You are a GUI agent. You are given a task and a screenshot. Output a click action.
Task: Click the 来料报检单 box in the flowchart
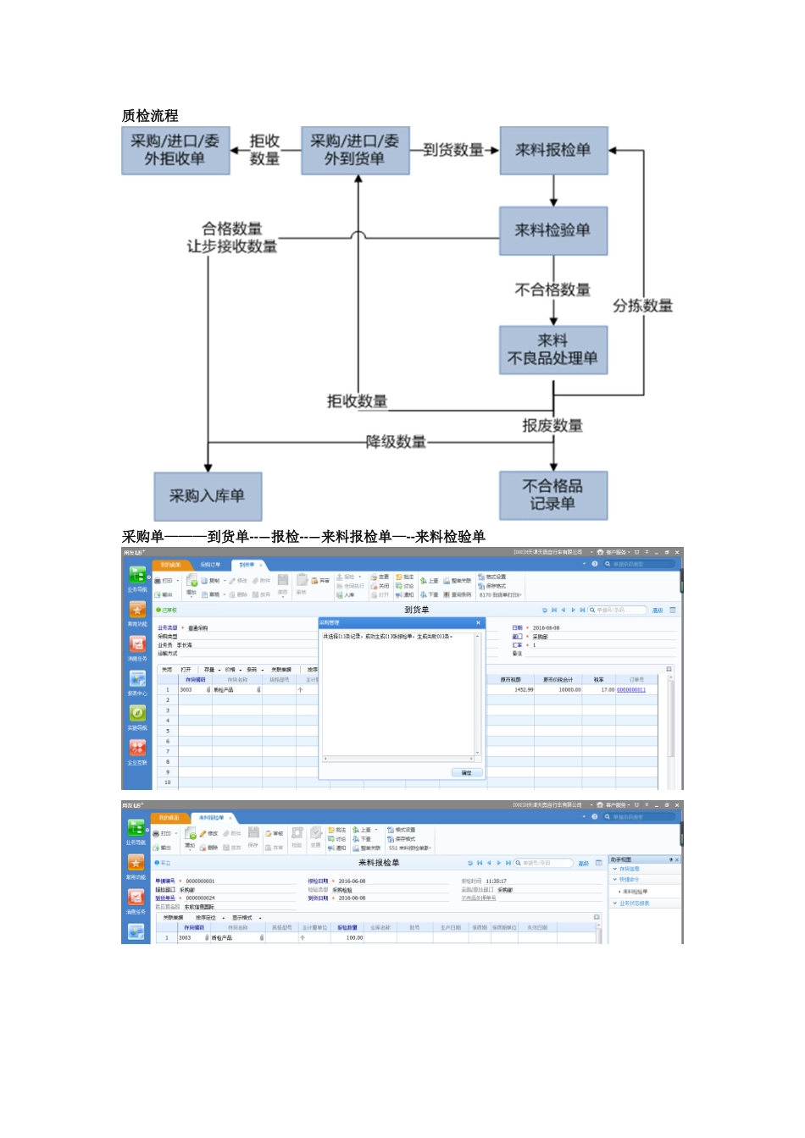click(x=553, y=151)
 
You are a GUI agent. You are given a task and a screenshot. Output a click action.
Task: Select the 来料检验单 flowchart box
click(x=553, y=230)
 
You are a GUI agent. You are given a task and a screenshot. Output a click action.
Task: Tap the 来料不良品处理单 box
click(x=553, y=350)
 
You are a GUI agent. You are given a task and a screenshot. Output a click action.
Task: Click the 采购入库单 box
click(x=208, y=496)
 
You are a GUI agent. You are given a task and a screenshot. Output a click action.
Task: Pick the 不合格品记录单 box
click(x=553, y=495)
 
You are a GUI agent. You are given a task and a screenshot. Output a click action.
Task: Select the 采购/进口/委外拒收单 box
click(x=175, y=151)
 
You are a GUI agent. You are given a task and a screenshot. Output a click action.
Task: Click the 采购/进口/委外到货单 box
click(x=355, y=151)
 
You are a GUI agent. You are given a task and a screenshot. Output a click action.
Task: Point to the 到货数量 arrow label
click(x=453, y=150)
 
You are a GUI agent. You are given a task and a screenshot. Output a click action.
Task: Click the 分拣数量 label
click(x=642, y=306)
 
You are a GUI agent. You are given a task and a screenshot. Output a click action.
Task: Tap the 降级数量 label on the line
click(x=396, y=442)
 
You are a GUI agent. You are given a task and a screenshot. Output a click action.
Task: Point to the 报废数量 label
click(x=552, y=426)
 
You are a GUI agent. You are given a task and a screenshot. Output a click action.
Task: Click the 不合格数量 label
click(x=552, y=290)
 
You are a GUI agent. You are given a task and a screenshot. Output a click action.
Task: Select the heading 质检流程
click(x=150, y=116)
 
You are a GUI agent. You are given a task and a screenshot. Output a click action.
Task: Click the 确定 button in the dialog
click(x=467, y=772)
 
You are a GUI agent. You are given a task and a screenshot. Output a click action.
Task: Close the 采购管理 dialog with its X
click(x=478, y=622)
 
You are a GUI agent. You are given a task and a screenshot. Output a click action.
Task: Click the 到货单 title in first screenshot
click(x=416, y=610)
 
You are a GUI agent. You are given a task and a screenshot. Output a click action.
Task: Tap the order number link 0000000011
click(x=631, y=690)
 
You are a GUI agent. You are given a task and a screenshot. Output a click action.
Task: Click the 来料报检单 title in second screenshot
click(x=379, y=863)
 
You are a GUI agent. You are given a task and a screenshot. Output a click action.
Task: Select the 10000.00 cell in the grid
click(x=569, y=690)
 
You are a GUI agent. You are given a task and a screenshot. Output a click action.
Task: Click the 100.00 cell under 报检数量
click(x=354, y=937)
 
